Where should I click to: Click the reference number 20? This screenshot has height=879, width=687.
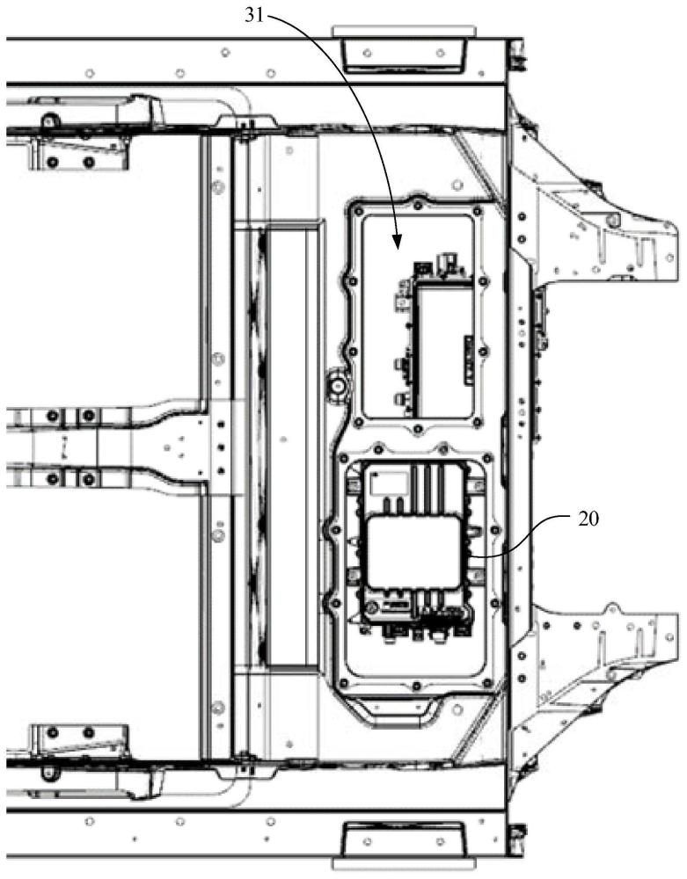coord(587,519)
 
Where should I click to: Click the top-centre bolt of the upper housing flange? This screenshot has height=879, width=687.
coord(413,204)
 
